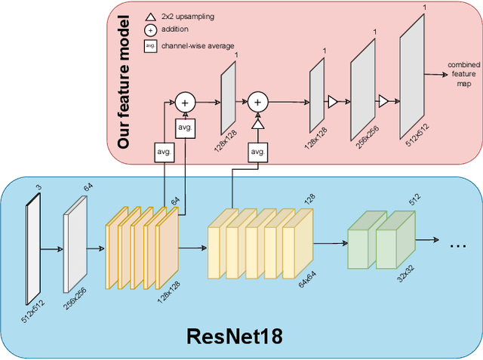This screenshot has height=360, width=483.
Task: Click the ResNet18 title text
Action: coord(235,336)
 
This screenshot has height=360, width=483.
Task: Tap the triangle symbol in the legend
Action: coord(149,17)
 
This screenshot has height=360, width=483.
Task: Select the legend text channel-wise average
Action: coord(198,46)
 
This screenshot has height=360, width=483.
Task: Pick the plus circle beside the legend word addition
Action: coord(149,30)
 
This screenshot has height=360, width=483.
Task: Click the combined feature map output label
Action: coord(463,74)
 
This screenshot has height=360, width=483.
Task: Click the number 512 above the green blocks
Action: coord(414,200)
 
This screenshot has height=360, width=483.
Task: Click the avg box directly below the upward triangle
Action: coord(257,152)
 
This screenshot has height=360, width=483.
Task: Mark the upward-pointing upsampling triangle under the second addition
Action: coord(257,123)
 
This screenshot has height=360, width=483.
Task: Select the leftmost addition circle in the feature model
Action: coord(185,100)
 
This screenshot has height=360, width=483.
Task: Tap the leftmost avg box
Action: coord(164,152)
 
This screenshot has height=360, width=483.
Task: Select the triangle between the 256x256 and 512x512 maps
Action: coord(383,100)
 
